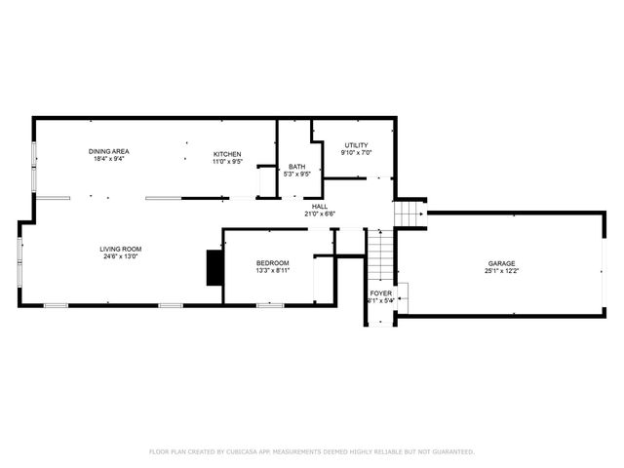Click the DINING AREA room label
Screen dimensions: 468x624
point(108,151)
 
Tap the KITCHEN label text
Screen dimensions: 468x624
point(227,153)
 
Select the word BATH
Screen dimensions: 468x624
point(296,167)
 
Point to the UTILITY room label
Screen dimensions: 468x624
point(355,145)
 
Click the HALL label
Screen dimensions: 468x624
point(320,206)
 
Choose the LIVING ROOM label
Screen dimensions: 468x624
point(120,250)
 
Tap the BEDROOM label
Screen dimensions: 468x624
point(272,263)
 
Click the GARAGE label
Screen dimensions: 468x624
point(502,263)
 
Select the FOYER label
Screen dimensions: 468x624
point(380,292)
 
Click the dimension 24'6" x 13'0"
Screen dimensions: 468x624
point(120,257)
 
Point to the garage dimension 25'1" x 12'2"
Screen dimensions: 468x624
point(502,271)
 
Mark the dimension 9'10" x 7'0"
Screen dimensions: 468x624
point(355,153)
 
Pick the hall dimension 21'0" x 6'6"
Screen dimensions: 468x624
point(320,214)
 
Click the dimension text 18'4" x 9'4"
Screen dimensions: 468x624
point(108,159)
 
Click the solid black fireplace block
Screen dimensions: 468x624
point(214,268)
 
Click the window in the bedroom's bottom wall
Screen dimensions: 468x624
point(269,305)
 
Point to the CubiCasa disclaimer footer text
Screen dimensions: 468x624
point(311,451)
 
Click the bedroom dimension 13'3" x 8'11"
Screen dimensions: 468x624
point(272,271)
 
